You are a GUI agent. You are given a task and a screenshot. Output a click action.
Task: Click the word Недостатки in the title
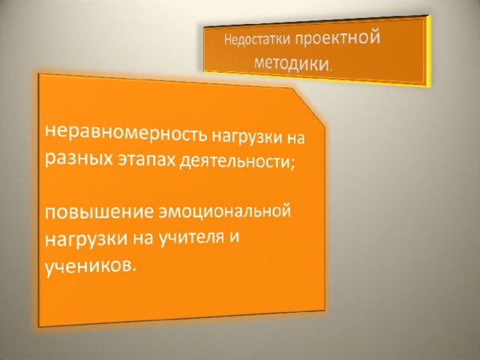pos(257,40)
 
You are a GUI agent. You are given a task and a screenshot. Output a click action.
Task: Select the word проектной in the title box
pos(337,39)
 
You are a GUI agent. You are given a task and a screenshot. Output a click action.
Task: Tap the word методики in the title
pos(290,63)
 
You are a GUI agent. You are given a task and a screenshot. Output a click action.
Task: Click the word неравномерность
pos(126,133)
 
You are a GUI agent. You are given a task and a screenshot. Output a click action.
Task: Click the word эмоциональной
pos(224,211)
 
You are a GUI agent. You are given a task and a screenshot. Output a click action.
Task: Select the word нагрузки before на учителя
pos(86,239)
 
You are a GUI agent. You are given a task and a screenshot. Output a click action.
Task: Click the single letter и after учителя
pos(234,238)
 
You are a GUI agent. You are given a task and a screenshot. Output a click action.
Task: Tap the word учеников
pos(87,265)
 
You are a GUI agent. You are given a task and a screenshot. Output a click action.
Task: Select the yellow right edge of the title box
pos(427,52)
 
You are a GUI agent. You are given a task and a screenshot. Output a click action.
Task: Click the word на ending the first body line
pos(295,138)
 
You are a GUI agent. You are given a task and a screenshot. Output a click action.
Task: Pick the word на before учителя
pos(142,238)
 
